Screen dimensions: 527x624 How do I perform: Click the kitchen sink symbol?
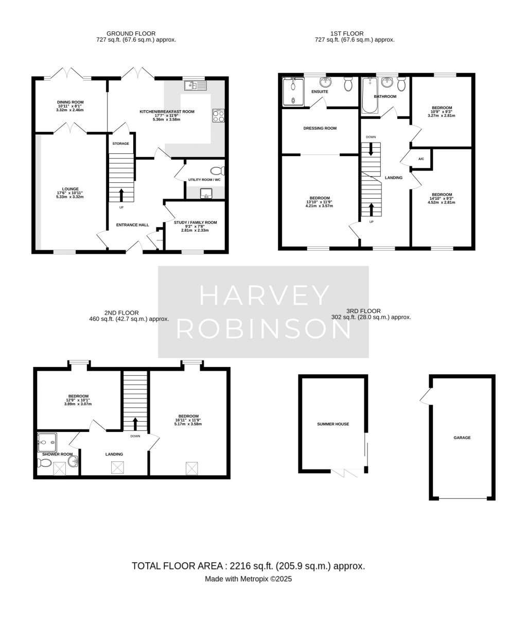[196, 85]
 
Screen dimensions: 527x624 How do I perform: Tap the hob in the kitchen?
[218, 116]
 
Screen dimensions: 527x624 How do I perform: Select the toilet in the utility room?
[218, 171]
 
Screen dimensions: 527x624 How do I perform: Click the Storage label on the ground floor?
[121, 144]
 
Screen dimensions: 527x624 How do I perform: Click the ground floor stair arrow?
[121, 195]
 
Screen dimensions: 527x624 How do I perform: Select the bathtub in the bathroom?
[370, 95]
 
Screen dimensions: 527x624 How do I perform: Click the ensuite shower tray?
[293, 92]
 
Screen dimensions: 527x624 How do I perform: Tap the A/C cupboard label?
[421, 159]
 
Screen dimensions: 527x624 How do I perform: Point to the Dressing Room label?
[320, 128]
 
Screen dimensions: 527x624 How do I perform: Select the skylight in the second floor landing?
[117, 467]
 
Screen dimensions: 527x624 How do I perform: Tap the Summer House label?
[333, 424]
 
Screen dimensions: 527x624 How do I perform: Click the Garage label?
[462, 438]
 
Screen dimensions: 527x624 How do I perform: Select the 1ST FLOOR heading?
[347, 34]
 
